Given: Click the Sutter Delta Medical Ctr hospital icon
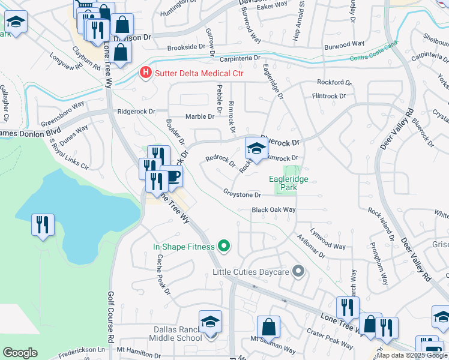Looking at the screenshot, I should [145, 73].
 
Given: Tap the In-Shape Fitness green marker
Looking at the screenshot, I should [224, 245].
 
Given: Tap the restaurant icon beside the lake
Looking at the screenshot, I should [43, 225].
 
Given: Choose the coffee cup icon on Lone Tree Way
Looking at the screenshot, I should [172, 176].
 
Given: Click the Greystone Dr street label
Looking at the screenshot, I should [242, 194].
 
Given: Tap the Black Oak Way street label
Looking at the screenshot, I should [274, 210].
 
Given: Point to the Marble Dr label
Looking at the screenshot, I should [199, 116].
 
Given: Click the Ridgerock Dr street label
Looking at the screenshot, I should [136, 112].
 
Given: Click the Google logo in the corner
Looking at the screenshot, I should [20, 353].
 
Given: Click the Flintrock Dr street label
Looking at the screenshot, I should [328, 96].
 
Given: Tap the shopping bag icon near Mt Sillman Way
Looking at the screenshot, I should [268, 328].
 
